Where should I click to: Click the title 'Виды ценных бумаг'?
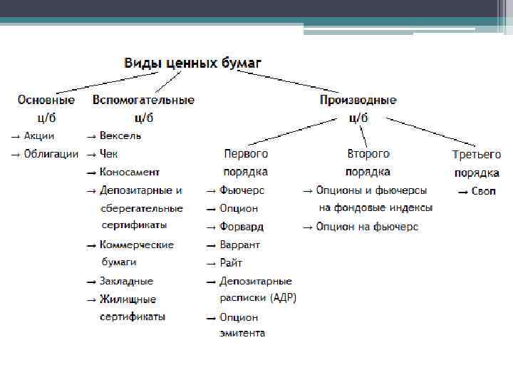pos(193,63)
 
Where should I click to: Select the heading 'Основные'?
pos(46,101)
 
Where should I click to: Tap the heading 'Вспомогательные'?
pos(143,101)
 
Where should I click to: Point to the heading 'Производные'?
pos(358,101)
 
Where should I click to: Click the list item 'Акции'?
pos(39,135)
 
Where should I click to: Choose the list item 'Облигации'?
pos(51,154)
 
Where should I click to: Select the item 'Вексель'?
pos(120,135)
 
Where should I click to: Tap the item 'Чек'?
pos(109,154)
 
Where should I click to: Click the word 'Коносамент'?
pos(130,172)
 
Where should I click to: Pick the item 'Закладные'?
pos(126,281)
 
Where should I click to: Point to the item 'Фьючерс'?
pos(242,190)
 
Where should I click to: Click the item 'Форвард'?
pos(242,227)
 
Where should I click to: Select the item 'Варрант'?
pos(240,245)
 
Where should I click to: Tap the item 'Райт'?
pos(232,263)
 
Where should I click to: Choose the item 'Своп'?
pos(484,191)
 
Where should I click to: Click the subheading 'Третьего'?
pos(477,154)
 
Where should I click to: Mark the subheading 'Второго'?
pos(368,153)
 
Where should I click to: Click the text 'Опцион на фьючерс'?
pos(367,227)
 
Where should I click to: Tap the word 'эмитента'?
pos(242,333)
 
